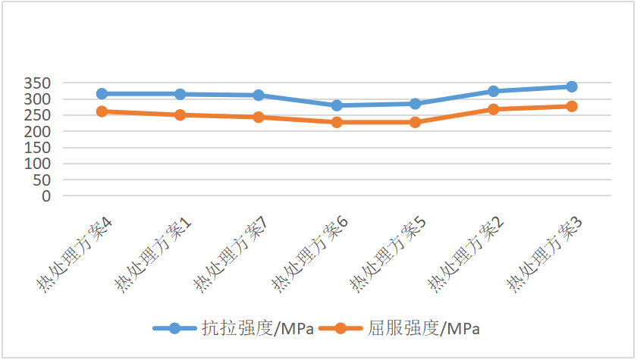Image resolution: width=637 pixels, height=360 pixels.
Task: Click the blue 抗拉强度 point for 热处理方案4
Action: tap(102, 94)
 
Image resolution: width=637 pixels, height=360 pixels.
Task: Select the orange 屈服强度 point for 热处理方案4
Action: tap(102, 111)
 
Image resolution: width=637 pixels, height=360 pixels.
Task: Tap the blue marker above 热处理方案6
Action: tap(337, 105)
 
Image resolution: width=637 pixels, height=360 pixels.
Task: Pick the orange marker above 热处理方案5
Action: tap(415, 122)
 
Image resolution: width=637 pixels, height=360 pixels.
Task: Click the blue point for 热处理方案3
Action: tap(572, 87)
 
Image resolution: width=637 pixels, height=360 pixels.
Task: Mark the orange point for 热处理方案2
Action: tap(494, 109)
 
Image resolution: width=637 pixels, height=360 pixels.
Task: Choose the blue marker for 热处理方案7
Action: tap(259, 95)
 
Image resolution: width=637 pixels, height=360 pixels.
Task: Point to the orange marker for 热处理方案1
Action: tap(180, 115)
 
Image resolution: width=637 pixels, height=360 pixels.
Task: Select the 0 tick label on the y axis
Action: tap(47, 196)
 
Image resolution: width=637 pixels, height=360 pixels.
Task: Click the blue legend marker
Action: tap(175, 328)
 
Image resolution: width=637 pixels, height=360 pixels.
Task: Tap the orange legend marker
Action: tap(341, 328)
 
